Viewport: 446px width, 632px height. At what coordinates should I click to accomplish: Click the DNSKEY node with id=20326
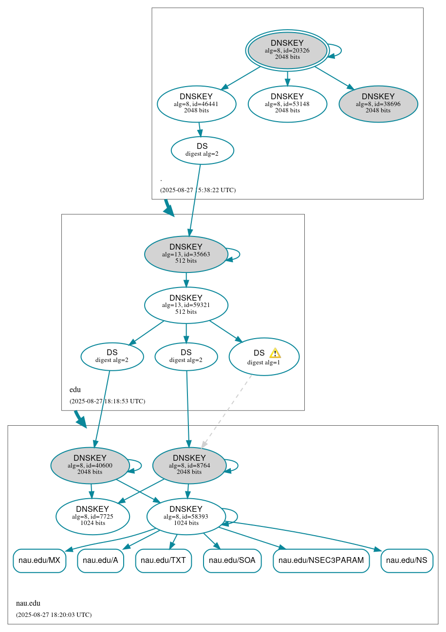pyautogui.click(x=287, y=50)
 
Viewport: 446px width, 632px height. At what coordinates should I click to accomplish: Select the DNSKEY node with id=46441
pyautogui.click(x=197, y=104)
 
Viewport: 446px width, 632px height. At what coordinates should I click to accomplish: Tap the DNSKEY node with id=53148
pyautogui.click(x=287, y=104)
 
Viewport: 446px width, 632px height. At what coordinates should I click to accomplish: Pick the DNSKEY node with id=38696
pyautogui.click(x=378, y=104)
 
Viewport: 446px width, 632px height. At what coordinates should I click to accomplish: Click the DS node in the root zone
pyautogui.click(x=202, y=150)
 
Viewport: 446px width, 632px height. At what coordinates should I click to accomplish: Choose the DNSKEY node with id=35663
pyautogui.click(x=186, y=254)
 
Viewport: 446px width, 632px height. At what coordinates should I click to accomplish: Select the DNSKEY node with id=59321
pyautogui.click(x=186, y=305)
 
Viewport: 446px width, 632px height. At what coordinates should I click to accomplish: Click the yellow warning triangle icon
pyautogui.click(x=275, y=353)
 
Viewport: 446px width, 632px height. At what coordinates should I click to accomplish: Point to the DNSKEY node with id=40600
pyautogui.click(x=90, y=465)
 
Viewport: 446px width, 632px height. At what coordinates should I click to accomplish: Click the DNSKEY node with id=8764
pyautogui.click(x=189, y=465)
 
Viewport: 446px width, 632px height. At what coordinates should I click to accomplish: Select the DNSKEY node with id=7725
pyautogui.click(x=93, y=516)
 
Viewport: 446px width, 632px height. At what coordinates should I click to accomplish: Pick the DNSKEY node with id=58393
pyautogui.click(x=186, y=516)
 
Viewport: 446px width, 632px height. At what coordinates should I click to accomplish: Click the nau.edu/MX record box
pyautogui.click(x=39, y=560)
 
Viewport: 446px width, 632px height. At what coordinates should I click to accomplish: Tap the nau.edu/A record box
pyautogui.click(x=100, y=560)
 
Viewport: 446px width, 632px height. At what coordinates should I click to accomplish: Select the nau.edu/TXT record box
pyautogui.click(x=164, y=560)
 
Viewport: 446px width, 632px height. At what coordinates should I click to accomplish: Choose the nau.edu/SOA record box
pyautogui.click(x=232, y=560)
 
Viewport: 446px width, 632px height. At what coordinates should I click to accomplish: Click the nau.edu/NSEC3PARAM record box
pyautogui.click(x=321, y=560)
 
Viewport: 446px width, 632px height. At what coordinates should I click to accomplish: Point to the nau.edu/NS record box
pyautogui.click(x=407, y=560)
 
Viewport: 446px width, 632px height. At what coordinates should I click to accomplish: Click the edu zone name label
pyautogui.click(x=75, y=390)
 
